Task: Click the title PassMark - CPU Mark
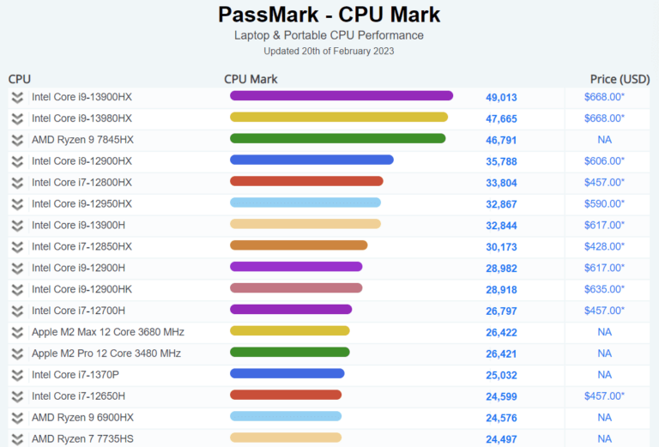[329, 15]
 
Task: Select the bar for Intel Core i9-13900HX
[341, 96]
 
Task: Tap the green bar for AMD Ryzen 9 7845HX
[337, 139]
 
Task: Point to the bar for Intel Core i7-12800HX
[306, 182]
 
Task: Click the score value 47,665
[501, 118]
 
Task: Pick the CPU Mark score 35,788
[501, 161]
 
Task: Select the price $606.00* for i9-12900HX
[604, 161]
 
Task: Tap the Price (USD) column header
[620, 79]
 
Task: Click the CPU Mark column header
[251, 79]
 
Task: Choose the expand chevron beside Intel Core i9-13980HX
[16, 118]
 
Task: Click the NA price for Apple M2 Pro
[604, 353]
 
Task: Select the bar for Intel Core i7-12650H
[286, 396]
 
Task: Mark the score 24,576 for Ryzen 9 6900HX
[501, 418]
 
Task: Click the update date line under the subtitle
[329, 51]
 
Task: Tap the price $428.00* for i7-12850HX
[604, 246]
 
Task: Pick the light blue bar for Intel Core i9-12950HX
[305, 203]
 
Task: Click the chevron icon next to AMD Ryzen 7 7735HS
[16, 438]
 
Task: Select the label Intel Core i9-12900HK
[82, 289]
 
